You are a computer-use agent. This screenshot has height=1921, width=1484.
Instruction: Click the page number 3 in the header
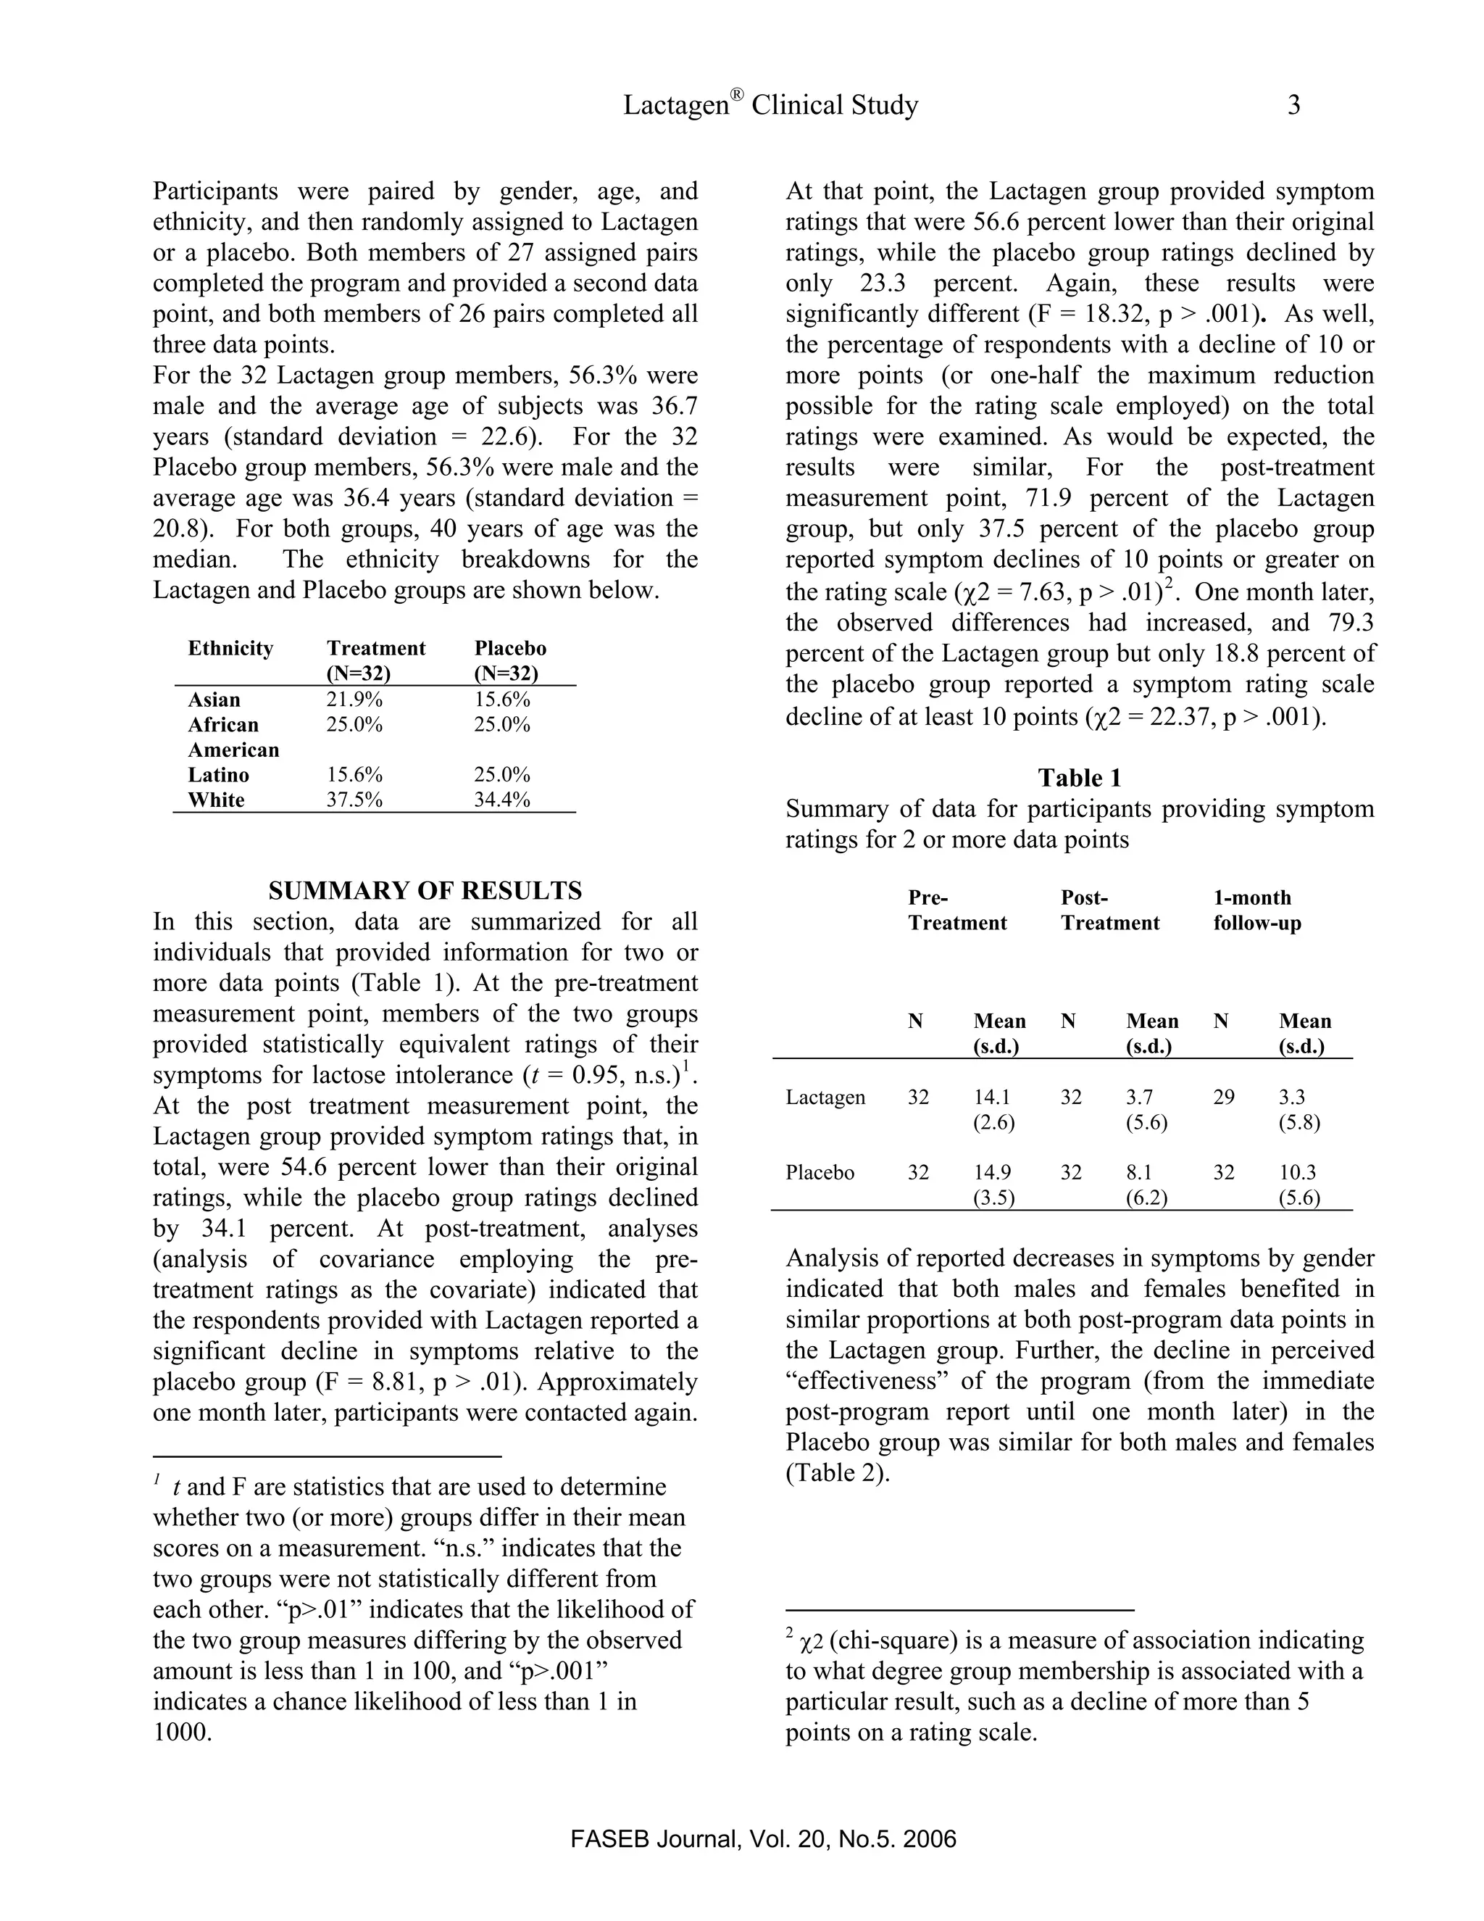[1293, 106]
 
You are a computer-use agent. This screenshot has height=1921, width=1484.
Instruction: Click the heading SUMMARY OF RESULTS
[425, 891]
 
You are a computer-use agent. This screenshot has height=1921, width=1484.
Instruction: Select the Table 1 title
[1079, 778]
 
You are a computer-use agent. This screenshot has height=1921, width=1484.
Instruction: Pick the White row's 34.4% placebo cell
[502, 800]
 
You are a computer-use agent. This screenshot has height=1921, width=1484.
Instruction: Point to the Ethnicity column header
[230, 649]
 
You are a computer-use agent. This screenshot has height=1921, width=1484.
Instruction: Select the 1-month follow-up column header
[1256, 910]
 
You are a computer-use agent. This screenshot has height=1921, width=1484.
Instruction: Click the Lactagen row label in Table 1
[825, 1098]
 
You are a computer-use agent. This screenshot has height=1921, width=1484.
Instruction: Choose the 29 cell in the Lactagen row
[1224, 1098]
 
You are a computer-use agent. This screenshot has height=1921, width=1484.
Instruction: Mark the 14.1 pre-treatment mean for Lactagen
[992, 1098]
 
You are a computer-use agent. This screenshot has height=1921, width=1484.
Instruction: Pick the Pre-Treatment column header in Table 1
[956, 910]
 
